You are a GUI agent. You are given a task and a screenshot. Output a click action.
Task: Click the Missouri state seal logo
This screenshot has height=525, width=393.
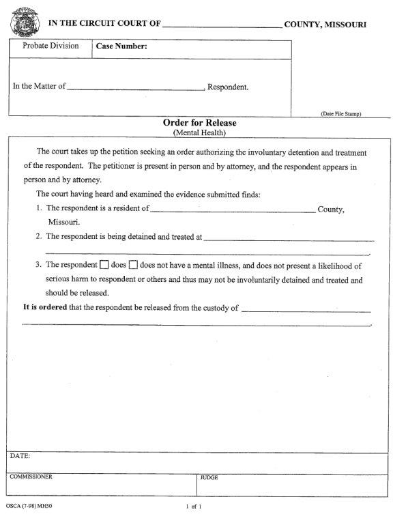click(x=24, y=22)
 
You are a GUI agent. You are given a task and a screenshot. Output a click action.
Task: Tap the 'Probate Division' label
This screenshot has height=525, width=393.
click(x=50, y=46)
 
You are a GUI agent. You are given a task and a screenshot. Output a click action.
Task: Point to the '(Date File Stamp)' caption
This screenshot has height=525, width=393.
click(x=340, y=113)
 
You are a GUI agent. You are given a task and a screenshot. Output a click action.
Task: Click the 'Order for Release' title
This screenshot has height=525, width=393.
click(x=199, y=123)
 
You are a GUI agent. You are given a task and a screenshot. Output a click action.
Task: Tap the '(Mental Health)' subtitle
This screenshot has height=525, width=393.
click(x=199, y=132)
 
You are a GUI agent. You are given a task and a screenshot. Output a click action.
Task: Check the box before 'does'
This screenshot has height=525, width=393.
click(x=104, y=265)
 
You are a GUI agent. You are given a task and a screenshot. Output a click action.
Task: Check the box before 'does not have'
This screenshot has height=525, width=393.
click(x=134, y=265)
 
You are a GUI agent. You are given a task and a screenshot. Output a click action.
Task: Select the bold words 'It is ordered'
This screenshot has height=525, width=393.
click(x=45, y=307)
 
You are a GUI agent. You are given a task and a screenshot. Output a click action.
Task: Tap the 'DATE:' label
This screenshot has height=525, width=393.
click(x=20, y=455)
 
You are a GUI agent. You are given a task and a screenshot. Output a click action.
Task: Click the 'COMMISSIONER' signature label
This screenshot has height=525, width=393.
click(x=31, y=477)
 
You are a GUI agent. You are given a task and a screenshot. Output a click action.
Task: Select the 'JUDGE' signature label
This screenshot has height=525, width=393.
click(x=209, y=478)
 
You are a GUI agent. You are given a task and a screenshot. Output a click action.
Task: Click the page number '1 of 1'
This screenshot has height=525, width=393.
click(x=194, y=507)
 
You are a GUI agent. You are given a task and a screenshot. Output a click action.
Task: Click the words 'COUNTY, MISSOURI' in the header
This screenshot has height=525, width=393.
click(x=325, y=24)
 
